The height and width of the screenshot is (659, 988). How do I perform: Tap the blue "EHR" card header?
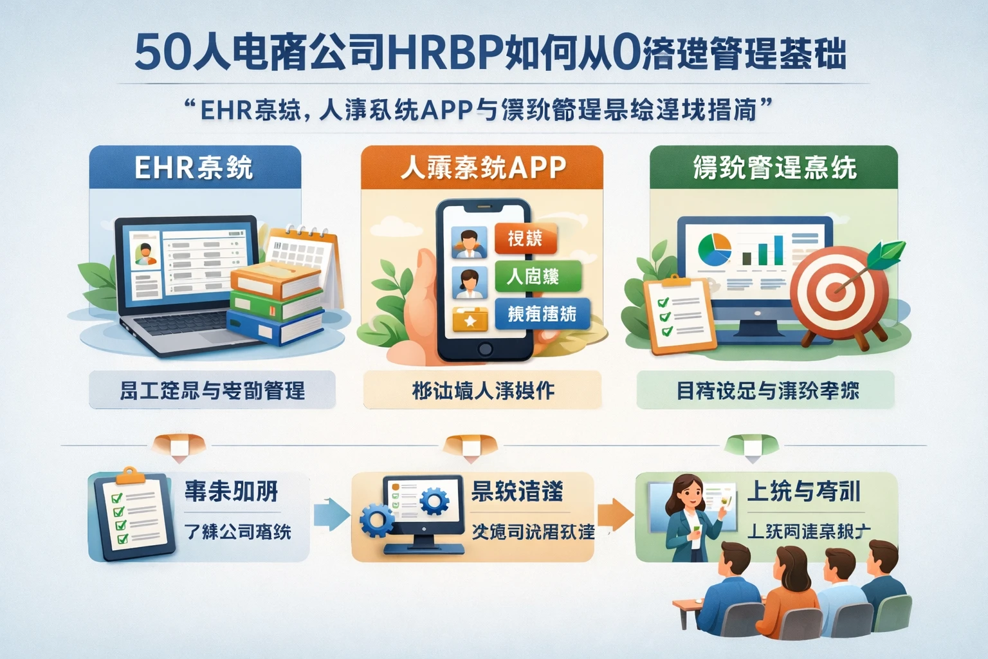(x=195, y=167)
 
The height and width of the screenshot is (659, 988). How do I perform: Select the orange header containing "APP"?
(x=482, y=167)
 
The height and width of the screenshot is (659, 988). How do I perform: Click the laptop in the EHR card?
(x=183, y=283)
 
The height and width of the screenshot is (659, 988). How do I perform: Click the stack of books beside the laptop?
(x=277, y=302)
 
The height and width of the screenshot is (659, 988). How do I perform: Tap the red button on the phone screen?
(x=526, y=239)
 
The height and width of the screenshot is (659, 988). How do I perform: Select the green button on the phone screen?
(x=538, y=277)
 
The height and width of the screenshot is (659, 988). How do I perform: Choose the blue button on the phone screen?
(x=542, y=314)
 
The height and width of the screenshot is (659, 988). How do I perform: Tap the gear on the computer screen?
(x=434, y=500)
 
